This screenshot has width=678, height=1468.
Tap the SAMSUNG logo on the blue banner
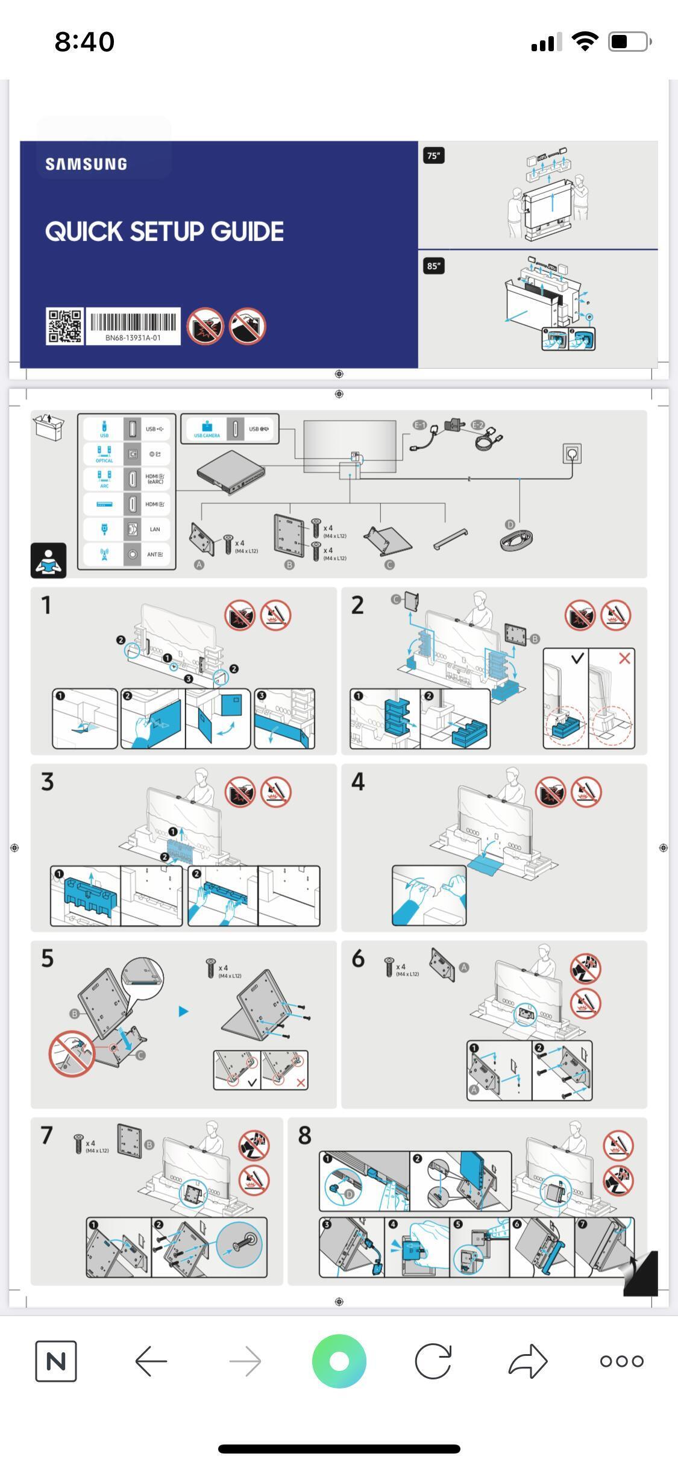[86, 164]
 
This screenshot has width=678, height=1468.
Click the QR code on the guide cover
[64, 326]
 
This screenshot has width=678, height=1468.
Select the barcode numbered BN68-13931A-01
[133, 326]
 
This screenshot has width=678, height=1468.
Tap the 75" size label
[433, 156]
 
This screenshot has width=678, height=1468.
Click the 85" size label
[433, 266]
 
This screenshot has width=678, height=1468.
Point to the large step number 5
[48, 958]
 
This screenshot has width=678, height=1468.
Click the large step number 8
[305, 1135]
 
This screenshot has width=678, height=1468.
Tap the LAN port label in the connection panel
[155, 529]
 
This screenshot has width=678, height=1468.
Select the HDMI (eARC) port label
[155, 479]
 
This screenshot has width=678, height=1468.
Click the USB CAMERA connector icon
[207, 428]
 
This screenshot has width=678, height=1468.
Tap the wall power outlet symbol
[572, 453]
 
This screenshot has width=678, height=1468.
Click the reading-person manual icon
[49, 560]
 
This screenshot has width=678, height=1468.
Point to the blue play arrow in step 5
[184, 1011]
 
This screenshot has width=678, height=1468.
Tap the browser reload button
[433, 1361]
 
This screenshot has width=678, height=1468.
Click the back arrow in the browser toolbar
[151, 1361]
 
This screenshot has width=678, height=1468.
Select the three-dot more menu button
[621, 1361]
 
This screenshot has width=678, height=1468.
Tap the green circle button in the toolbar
[339, 1361]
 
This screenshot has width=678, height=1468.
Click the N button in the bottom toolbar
[56, 1361]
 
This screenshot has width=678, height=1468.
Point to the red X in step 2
[624, 659]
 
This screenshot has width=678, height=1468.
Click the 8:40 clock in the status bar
[84, 42]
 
